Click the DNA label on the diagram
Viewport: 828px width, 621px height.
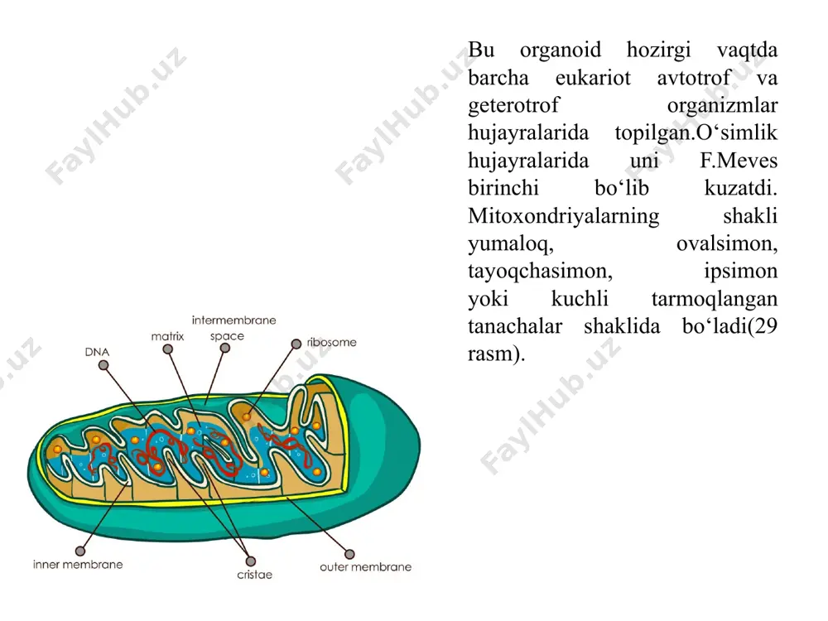point(97,352)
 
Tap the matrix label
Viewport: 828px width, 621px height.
point(167,336)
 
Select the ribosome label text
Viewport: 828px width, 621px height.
point(332,342)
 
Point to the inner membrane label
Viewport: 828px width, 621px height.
point(78,565)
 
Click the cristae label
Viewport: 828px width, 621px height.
point(254,575)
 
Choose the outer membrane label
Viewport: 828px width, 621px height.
point(365,567)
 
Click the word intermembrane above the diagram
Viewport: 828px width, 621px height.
point(234,320)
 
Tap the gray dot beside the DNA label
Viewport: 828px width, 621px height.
point(103,365)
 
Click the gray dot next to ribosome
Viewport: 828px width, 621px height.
point(296,344)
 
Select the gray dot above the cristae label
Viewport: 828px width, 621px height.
point(251,561)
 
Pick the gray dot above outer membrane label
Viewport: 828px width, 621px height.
point(349,554)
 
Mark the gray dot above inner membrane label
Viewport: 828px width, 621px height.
point(80,551)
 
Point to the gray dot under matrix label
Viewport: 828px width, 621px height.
point(168,349)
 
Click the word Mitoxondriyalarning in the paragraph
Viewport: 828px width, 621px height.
point(563,216)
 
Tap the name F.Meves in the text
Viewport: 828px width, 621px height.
point(739,161)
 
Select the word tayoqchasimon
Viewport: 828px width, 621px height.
point(540,272)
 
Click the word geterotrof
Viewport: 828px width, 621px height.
point(513,106)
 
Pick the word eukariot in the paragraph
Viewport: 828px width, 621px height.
point(593,78)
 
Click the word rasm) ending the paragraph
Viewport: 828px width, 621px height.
point(496,354)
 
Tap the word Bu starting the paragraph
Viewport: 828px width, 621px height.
point(481,51)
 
